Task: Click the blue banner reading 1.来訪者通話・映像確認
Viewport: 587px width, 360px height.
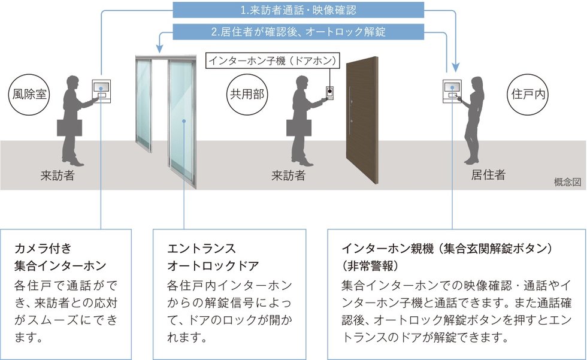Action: pyautogui.click(x=298, y=10)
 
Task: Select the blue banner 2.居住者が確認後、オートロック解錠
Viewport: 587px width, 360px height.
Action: pyautogui.click(x=298, y=31)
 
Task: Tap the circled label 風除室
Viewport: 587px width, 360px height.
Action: pyautogui.click(x=29, y=94)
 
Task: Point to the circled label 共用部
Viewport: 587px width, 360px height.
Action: pyautogui.click(x=247, y=94)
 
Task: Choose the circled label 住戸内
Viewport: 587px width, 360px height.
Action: pyautogui.click(x=528, y=94)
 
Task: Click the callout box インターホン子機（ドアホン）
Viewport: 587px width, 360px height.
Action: pyautogui.click(x=273, y=60)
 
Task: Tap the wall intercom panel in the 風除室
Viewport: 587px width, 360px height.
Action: pyautogui.click(x=101, y=91)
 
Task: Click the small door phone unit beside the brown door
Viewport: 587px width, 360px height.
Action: pyautogui.click(x=329, y=93)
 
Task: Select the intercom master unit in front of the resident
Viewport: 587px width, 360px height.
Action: pyautogui.click(x=452, y=91)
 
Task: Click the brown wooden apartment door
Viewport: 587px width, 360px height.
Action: pyautogui.click(x=362, y=120)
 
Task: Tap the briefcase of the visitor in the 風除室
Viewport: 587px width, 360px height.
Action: pyautogui.click(x=69, y=128)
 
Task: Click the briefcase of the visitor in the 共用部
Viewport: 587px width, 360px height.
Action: pyautogui.click(x=299, y=128)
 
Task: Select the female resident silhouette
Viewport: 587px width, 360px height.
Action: pyautogui.click(x=472, y=120)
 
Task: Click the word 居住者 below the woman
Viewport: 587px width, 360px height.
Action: pyautogui.click(x=488, y=175)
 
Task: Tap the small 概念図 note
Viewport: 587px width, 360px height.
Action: pyautogui.click(x=568, y=182)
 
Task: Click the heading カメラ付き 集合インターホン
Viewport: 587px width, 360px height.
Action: pyautogui.click(x=60, y=257)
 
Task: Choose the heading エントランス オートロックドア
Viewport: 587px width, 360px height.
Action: pyautogui.click(x=213, y=257)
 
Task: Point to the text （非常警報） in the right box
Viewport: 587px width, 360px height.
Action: pyautogui.click(x=370, y=266)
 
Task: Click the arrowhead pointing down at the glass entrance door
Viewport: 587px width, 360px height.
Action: pyautogui.click(x=159, y=49)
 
